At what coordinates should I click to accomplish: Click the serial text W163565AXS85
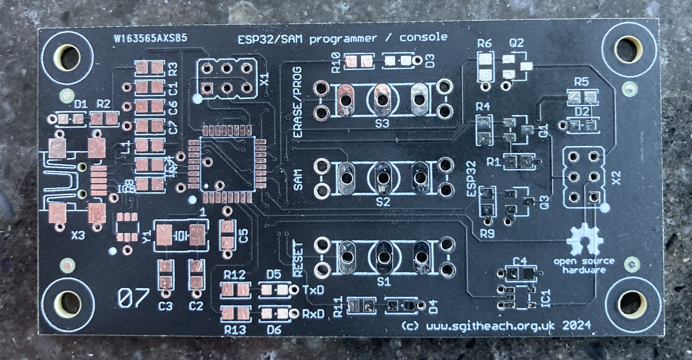coord(151,38)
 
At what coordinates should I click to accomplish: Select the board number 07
coord(133,298)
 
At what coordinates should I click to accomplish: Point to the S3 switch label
coord(382,123)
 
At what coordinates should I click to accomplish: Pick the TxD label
coord(313,290)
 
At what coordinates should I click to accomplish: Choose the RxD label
coord(313,314)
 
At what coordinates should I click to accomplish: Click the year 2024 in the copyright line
coord(576,325)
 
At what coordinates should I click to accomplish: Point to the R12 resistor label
coord(235,275)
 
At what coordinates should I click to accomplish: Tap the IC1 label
coord(546,297)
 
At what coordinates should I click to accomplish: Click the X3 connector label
coord(78,235)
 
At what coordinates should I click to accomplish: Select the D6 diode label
coord(274,329)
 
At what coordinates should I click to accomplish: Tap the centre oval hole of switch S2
coord(382,178)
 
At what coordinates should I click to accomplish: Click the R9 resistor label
coord(487,234)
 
